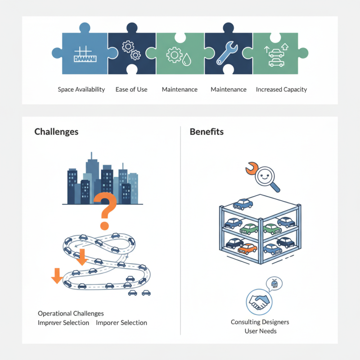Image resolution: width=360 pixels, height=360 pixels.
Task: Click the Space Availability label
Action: [x=81, y=90]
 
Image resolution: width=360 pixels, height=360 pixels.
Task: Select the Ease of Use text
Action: [x=131, y=90]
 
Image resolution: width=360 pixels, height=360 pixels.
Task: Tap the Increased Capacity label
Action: [x=281, y=90]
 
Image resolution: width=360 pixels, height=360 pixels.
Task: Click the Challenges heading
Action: [x=56, y=132]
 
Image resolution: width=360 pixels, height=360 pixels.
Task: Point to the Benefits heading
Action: [x=207, y=132]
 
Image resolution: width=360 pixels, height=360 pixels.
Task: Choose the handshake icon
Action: [x=259, y=301]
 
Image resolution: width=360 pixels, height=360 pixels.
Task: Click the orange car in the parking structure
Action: [x=247, y=248]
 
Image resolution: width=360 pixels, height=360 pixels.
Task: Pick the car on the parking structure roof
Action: [x=243, y=204]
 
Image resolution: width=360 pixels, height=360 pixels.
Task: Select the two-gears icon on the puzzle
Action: [x=130, y=51]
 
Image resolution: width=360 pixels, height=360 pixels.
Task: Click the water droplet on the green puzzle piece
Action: [x=185, y=58]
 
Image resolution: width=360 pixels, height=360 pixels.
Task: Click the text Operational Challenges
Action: [x=71, y=313]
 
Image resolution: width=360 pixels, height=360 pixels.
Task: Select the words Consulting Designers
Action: [x=260, y=322]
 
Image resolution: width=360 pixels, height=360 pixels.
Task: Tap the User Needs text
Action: [x=260, y=331]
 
